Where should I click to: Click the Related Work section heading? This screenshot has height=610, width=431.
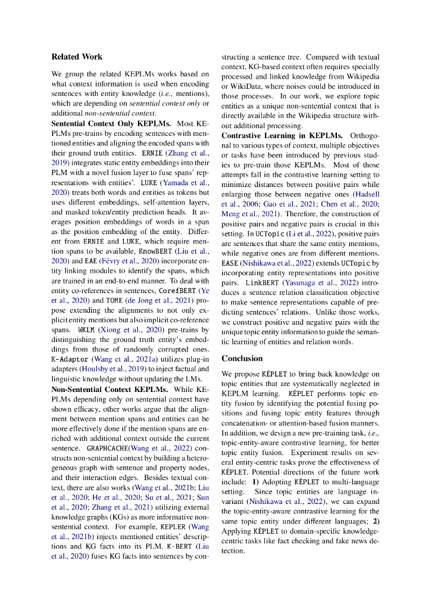coord(77,57)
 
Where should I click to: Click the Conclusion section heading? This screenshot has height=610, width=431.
coord(242,358)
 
